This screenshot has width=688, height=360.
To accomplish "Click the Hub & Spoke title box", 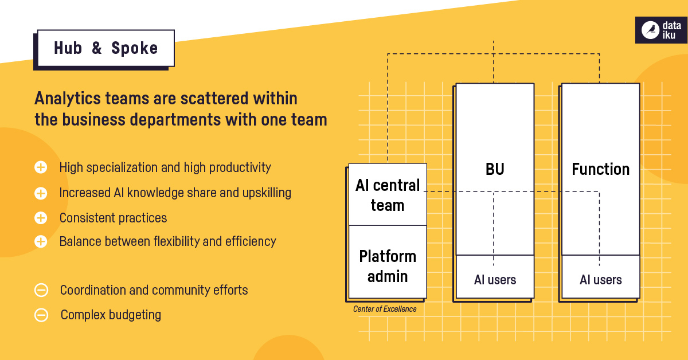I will tap(105, 48).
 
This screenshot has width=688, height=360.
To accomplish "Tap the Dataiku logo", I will tap(660, 30).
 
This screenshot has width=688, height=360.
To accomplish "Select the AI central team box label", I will tap(388, 195).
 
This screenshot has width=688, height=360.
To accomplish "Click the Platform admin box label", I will tap(388, 266).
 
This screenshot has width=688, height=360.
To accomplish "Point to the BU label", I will tap(494, 170).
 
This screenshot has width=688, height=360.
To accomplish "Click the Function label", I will tap(600, 170).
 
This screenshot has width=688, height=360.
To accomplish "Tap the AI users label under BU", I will tap(495, 280).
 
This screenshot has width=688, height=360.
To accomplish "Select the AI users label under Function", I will tap(600, 280).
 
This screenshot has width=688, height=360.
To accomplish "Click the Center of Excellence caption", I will tap(385, 310).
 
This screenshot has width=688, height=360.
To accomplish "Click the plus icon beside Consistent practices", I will tap(41, 218).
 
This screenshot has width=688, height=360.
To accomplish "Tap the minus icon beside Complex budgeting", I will tap(41, 315).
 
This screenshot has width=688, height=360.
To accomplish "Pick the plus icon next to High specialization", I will tap(41, 167).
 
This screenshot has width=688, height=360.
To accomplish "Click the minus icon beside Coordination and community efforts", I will tap(41, 290).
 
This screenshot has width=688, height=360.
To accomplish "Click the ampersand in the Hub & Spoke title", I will tap(96, 49).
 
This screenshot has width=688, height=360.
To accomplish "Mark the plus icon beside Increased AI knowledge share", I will tap(41, 193).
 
